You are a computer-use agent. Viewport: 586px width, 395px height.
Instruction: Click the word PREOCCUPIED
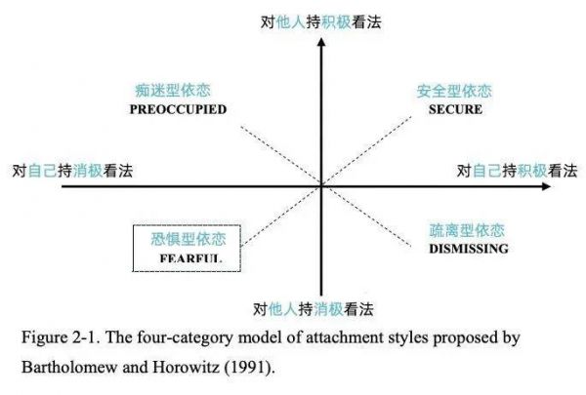179,109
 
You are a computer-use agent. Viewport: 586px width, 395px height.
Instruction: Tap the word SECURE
455,109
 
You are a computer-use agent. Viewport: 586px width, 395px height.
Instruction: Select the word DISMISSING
469,249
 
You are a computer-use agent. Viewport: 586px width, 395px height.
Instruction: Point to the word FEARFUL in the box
190,258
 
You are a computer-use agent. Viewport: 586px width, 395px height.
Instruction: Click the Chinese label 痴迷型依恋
173,91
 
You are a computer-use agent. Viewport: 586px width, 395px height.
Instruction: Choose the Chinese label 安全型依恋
454,91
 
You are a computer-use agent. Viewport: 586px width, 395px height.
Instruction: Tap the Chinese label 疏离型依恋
467,230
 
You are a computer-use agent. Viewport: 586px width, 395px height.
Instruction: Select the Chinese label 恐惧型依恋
188,239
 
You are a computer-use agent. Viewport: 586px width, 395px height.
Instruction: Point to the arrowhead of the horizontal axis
546,186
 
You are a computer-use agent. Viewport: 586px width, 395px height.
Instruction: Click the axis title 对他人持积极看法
321,22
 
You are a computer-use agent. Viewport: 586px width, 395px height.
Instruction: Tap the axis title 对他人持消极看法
314,309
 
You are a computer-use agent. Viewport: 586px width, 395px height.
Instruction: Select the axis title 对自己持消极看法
72,171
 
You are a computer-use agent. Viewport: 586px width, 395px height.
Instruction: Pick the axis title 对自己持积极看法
518,171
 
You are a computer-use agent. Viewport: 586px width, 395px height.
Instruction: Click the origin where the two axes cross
321,186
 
